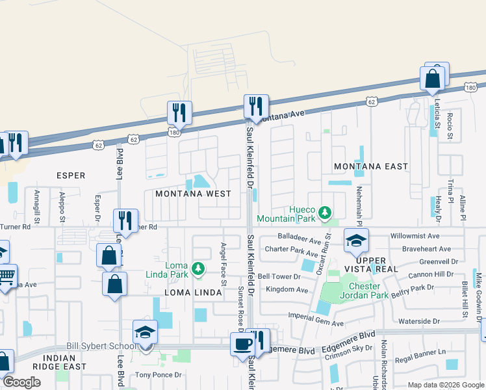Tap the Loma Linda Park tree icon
click(200, 268)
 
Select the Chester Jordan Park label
click(374, 291)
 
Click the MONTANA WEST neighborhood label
click(193, 194)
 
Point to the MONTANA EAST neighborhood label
click(371, 166)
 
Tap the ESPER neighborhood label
click(71, 175)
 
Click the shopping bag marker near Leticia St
click(433, 79)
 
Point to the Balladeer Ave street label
click(300, 237)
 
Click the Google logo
click(21, 382)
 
